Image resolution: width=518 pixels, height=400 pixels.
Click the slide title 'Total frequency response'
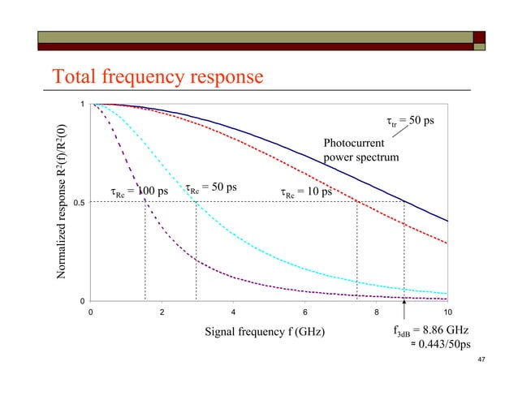pyautogui.click(x=158, y=77)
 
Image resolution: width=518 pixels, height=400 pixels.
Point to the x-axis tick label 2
pyautogui.click(x=162, y=312)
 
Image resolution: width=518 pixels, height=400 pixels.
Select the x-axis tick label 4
pyautogui.click(x=233, y=312)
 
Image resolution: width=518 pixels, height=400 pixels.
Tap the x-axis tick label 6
pyautogui.click(x=304, y=312)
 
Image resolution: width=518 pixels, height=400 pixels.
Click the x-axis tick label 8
pyautogui.click(x=376, y=312)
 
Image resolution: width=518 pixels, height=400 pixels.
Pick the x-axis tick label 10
pyautogui.click(x=447, y=312)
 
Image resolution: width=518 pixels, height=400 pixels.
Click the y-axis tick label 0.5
pyautogui.click(x=78, y=203)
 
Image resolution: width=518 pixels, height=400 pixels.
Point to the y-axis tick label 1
pyautogui.click(x=81, y=105)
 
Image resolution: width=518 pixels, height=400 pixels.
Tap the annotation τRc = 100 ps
pyautogui.click(x=140, y=192)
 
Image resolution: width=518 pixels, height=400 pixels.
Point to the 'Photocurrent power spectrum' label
pyautogui.click(x=360, y=151)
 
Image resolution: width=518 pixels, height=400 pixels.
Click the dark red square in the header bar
pyautogui.click(x=479, y=37)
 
